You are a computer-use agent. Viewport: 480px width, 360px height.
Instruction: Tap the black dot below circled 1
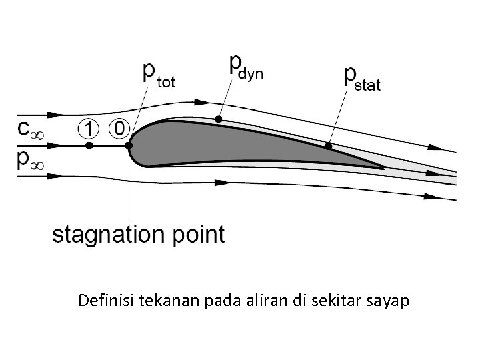click(x=89, y=145)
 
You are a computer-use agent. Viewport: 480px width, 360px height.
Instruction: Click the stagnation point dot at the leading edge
click(x=129, y=145)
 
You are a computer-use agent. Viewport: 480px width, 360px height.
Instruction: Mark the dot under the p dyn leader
click(x=218, y=119)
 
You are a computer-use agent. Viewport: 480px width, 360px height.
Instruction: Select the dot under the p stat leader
click(x=328, y=145)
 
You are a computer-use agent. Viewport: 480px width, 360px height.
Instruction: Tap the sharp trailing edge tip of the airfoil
click(x=383, y=168)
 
